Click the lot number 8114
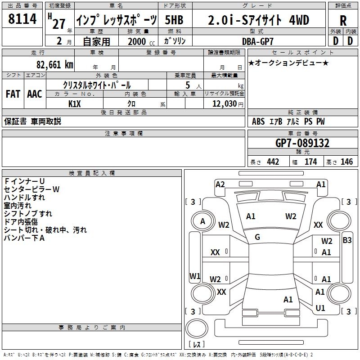(22, 18)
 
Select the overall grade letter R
(343, 21)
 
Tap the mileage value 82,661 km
(55, 65)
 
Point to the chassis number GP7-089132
(302, 143)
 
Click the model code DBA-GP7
(258, 41)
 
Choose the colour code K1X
(74, 104)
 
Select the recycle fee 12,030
(224, 103)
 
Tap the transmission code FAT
(13, 94)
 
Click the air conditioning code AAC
(35, 94)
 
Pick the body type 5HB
(174, 20)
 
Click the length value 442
(273, 162)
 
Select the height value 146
(346, 162)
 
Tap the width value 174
(310, 162)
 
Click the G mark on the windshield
(257, 237)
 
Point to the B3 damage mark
(347, 240)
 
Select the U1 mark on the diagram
(320, 308)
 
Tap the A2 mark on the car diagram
(220, 184)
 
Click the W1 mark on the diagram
(195, 276)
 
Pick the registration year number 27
(58, 24)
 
